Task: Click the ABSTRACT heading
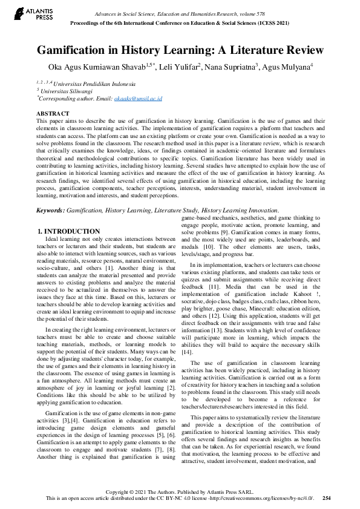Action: [53, 114]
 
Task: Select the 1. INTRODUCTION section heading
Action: [68, 231]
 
